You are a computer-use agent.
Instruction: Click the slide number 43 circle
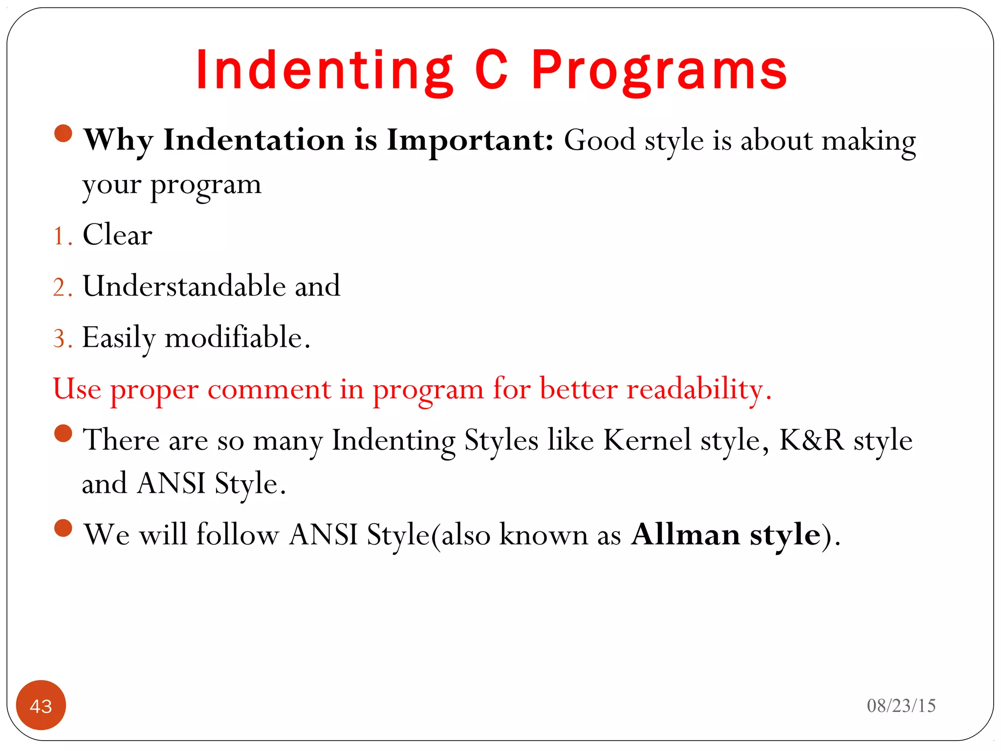(x=41, y=705)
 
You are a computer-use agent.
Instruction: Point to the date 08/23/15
(x=901, y=706)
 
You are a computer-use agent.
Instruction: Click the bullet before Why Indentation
(x=64, y=133)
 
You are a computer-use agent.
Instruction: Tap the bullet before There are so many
(x=64, y=433)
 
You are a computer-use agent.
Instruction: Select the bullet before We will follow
(x=64, y=528)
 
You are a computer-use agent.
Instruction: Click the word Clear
(x=117, y=235)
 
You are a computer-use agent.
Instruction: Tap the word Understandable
(x=184, y=286)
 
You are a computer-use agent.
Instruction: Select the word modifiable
(x=234, y=337)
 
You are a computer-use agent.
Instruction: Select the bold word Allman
(x=685, y=534)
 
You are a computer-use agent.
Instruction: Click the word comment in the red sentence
(x=269, y=390)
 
